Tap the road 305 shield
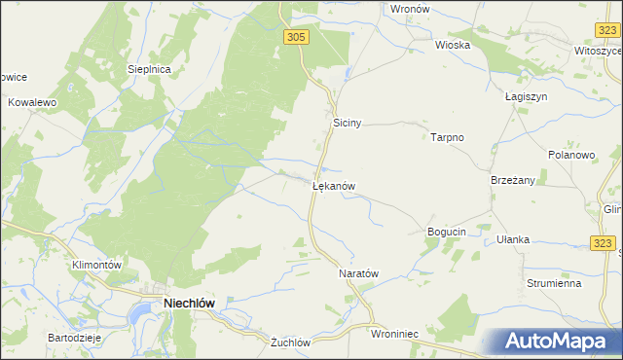[x=298, y=36]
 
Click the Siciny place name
[x=348, y=124]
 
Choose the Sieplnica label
[x=150, y=70]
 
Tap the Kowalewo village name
[x=34, y=101]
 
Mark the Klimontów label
[x=95, y=265]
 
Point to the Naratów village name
[x=357, y=274]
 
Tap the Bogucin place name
[x=448, y=232]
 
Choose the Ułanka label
[x=513, y=239]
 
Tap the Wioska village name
[x=453, y=45]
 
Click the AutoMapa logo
[x=556, y=341]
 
